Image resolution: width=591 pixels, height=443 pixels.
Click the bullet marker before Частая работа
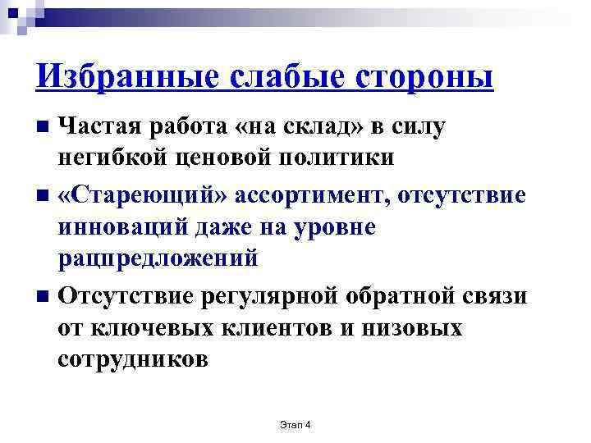[44, 127]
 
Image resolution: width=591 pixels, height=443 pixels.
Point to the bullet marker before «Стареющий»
[44, 196]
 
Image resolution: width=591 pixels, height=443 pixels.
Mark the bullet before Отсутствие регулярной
[44, 295]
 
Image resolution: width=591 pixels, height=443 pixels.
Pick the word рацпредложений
[158, 258]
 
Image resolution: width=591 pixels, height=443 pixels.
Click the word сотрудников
[134, 359]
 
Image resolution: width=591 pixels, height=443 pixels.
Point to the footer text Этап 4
[296, 423]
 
